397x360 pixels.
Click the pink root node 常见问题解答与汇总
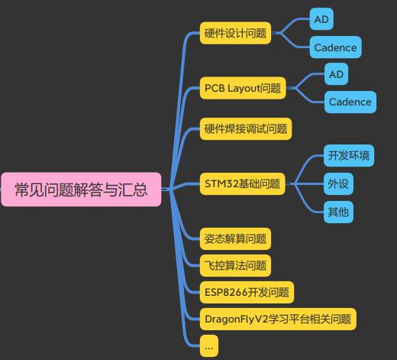point(81,190)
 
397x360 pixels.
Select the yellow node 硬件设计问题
point(235,33)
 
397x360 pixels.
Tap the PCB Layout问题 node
point(243,88)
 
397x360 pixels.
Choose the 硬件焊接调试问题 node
point(246,128)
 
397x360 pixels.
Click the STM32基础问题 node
point(242,183)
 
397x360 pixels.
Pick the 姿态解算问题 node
point(235,238)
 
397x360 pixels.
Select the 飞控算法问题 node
point(235,265)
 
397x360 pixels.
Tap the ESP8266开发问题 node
point(247,292)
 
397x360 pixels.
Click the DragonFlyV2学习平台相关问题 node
point(278,319)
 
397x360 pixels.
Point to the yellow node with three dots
point(209,346)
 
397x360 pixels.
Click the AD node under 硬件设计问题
point(321,19)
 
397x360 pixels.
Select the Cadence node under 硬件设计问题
point(335,47)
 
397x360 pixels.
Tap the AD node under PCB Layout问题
point(336,74)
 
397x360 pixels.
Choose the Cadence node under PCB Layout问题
point(350,102)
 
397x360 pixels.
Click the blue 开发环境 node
point(349,156)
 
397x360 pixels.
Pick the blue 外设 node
point(338,183)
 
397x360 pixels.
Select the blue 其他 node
point(338,212)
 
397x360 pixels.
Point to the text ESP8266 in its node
point(226,292)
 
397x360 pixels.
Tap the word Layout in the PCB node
point(244,89)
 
